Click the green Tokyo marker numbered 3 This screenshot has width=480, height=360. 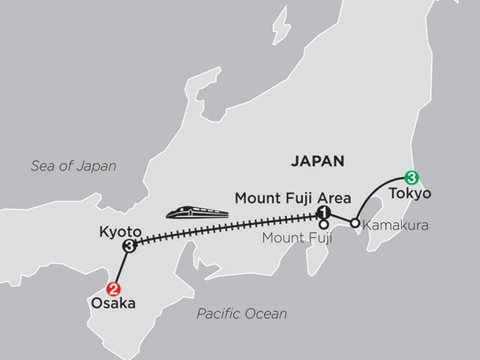tap(411, 178)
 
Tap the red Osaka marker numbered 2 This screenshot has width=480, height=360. tap(114, 287)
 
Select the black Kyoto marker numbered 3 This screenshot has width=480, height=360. tap(130, 245)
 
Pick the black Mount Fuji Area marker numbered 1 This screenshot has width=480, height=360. tap(323, 212)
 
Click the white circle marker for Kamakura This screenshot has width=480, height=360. tap(354, 223)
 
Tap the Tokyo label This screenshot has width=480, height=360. tap(410, 194)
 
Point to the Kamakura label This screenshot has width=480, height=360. tap(389, 223)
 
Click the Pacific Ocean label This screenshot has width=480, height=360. tap(241, 313)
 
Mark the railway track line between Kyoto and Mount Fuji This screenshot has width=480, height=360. tap(225, 229)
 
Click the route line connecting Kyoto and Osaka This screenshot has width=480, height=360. tap(122, 266)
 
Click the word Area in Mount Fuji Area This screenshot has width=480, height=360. tap(333, 199)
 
